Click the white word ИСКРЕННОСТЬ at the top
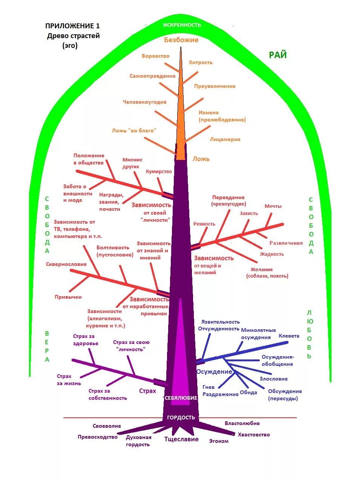coord(182,25)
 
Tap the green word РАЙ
coord(278,55)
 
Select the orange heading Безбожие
coord(181,40)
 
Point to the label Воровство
coord(155,56)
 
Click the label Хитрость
coord(201,63)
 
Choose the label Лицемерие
coord(225,140)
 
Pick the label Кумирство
coord(159,172)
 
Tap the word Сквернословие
coord(66,264)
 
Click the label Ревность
coord(204,224)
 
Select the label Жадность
coord(272,254)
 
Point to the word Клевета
coord(289,336)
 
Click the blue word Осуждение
coord(214,372)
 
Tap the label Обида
coord(248,393)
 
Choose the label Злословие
coord(273,379)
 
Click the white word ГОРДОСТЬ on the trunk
coord(181,418)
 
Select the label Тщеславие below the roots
coord(181,439)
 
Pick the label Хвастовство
coord(254,435)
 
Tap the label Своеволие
coord(107,426)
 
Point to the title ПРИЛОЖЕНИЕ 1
coord(73,26)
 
